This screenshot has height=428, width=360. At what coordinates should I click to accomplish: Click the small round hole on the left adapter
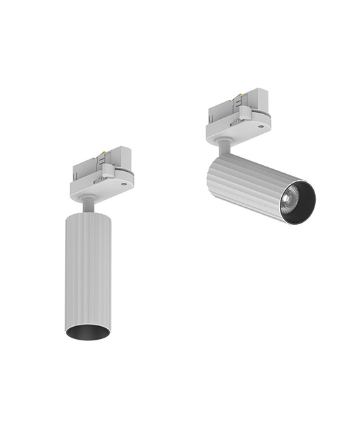[x=123, y=182]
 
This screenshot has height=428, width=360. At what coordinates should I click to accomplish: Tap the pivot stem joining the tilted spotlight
[x=223, y=146]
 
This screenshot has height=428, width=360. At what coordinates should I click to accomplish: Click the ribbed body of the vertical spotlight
[x=87, y=272]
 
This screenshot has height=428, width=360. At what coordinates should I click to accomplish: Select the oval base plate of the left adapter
[x=102, y=190]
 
